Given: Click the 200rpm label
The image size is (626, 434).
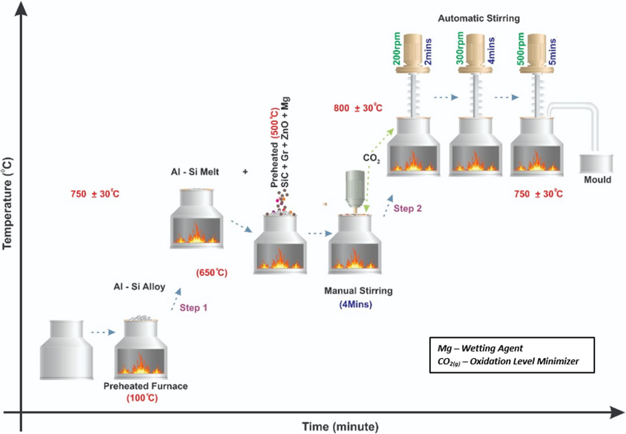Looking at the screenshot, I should (x=396, y=49).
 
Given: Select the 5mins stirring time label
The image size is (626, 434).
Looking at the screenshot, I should (x=552, y=52).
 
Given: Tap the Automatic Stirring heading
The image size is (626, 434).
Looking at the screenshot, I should (x=479, y=19).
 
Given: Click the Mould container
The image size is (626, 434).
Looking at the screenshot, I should (x=596, y=164).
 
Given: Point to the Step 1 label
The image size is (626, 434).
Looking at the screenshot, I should (x=193, y=308).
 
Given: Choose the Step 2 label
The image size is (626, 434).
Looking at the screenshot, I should (x=407, y=208).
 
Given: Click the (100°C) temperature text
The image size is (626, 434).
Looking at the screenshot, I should (x=142, y=398).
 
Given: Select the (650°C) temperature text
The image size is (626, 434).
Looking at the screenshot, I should (x=212, y=272).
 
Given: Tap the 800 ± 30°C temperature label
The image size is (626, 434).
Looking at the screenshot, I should (x=358, y=108).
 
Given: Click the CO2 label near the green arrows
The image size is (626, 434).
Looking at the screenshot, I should (x=371, y=158).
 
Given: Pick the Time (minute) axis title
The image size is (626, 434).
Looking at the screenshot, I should (x=340, y=427).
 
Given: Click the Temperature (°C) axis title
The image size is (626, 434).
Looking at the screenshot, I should (x=7, y=203).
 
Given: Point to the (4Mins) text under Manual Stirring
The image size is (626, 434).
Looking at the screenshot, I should (x=356, y=304).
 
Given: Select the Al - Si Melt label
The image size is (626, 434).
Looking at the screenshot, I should (x=195, y=172).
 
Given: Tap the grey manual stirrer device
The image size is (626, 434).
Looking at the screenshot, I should (x=355, y=189).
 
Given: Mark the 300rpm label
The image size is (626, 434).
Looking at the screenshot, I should (x=460, y=49).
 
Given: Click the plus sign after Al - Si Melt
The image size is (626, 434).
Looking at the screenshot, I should (x=245, y=172).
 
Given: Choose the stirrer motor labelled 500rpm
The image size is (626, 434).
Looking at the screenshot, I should (x=536, y=53).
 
